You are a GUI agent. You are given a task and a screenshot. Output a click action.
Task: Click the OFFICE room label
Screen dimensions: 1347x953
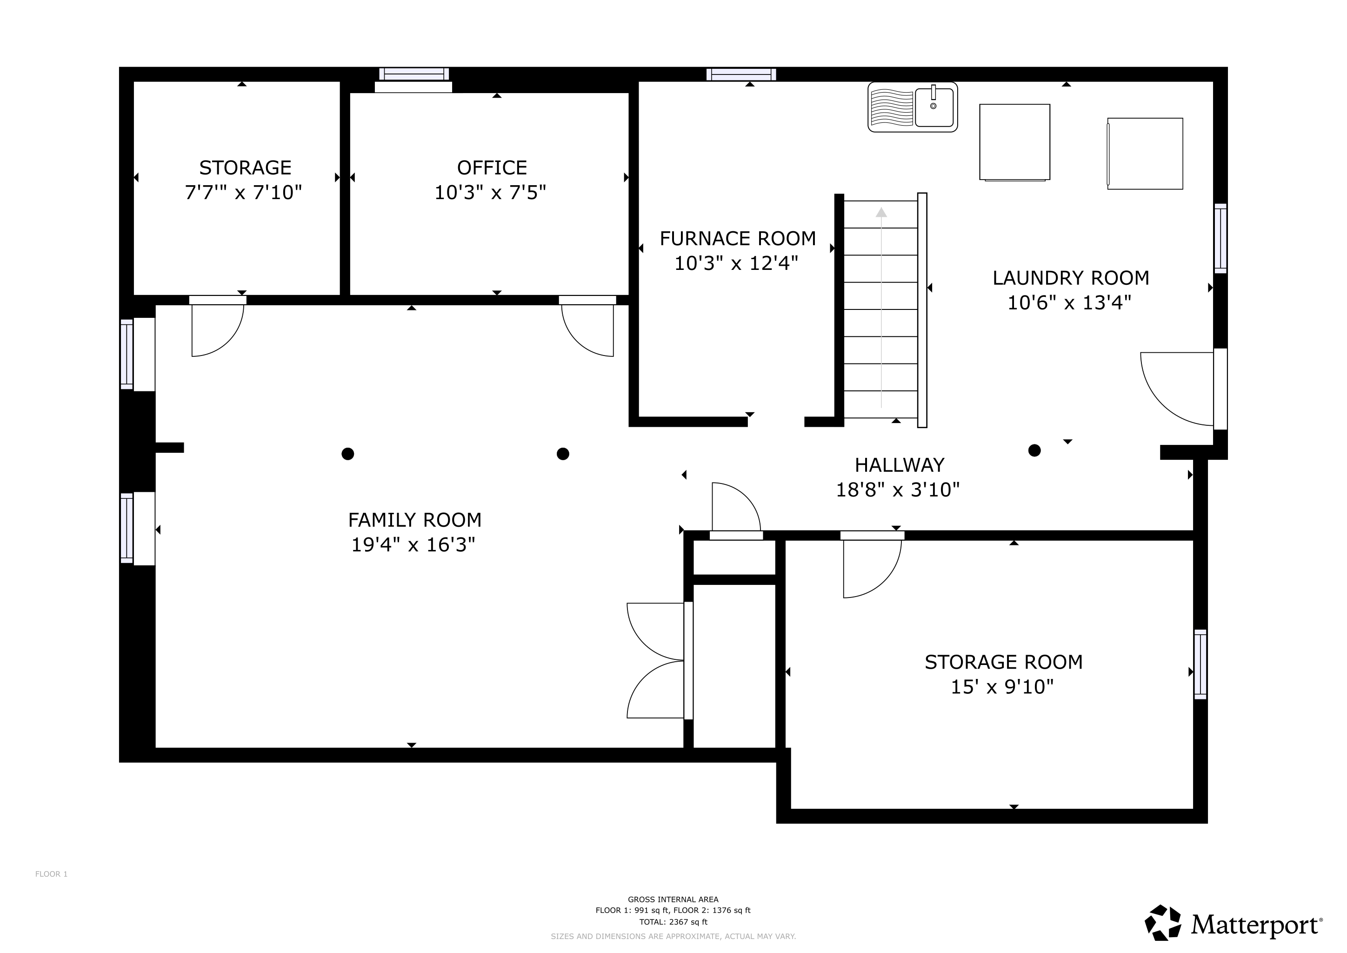[492, 168]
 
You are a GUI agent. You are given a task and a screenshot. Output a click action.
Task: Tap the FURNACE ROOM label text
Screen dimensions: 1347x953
[737, 239]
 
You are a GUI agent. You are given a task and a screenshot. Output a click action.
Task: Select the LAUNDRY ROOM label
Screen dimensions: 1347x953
[1071, 278]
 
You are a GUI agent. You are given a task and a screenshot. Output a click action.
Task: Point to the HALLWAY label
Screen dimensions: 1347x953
[900, 465]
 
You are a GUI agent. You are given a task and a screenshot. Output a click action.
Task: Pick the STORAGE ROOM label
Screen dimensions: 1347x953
[1003, 662]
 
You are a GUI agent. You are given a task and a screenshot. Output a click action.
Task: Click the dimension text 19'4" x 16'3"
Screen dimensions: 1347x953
[413, 545]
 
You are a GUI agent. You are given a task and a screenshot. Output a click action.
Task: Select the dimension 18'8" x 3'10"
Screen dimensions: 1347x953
[898, 490]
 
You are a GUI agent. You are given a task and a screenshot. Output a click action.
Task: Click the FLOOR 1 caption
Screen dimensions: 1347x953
[52, 874]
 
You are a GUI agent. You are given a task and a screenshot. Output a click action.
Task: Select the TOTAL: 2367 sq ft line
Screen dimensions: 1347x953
[673, 922]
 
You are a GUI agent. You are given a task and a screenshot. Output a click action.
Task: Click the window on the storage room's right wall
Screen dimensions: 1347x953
[1200, 664]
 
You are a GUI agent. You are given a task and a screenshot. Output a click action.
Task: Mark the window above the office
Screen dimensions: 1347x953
[414, 74]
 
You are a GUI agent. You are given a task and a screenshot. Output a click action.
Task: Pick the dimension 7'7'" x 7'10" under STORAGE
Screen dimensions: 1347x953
[243, 193]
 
